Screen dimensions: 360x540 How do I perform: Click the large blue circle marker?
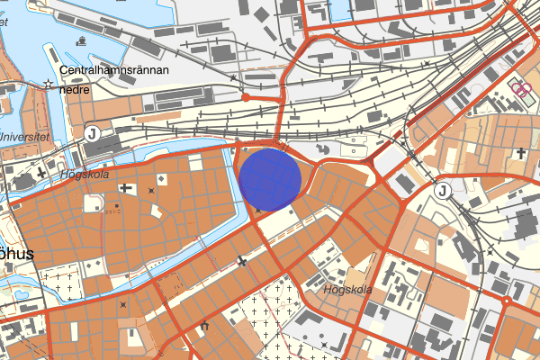pyautogui.click(x=269, y=179)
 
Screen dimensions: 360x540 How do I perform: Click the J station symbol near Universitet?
pyautogui.click(x=91, y=132)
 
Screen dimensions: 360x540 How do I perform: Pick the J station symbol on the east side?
pyautogui.click(x=442, y=190)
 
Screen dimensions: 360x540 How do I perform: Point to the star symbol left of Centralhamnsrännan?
pyautogui.click(x=48, y=83)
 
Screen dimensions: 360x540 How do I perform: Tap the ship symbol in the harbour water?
pyautogui.click(x=82, y=40)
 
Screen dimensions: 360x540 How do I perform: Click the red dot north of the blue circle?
pyautogui.click(x=246, y=96)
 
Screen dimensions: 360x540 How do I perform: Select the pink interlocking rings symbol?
pyautogui.click(x=518, y=87)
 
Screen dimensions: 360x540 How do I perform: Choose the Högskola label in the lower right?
pyautogui.click(x=346, y=290)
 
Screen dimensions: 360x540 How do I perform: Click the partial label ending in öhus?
pyautogui.click(x=16, y=254)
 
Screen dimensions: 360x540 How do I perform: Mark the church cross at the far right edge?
pyautogui.click(x=519, y=154)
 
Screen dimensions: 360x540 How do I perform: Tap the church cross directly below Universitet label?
pyautogui.click(x=43, y=171)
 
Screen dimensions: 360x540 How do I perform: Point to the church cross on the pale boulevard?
pyautogui.click(x=242, y=261)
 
